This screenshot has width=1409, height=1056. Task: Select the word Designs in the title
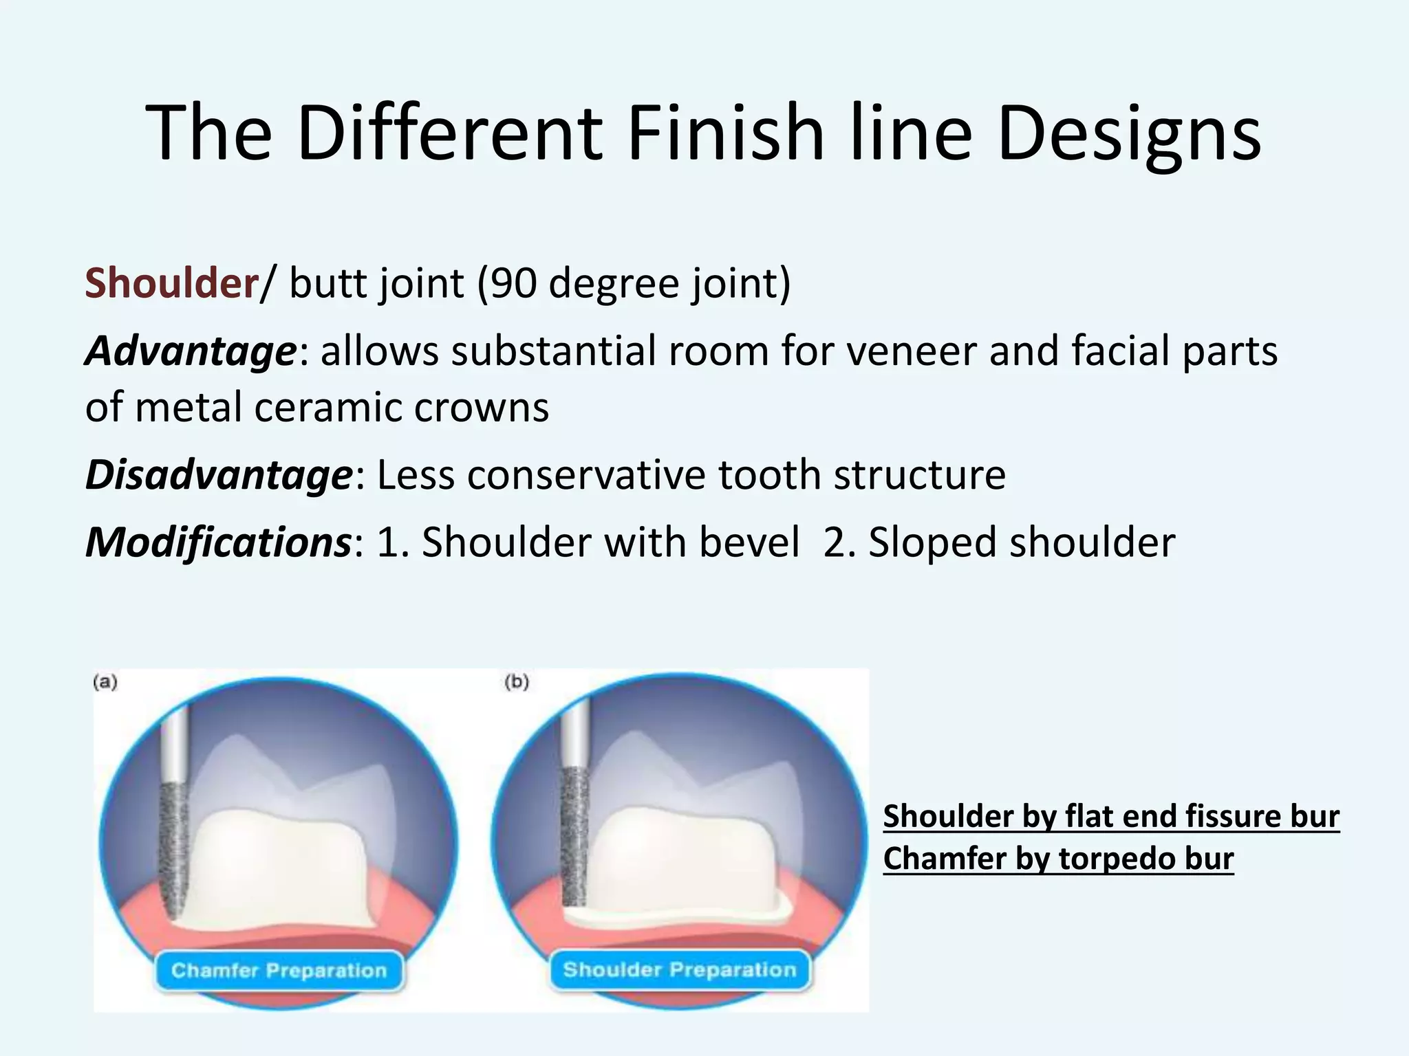point(1128,134)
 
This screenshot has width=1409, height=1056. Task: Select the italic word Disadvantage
point(218,475)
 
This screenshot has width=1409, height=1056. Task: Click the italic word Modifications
point(218,542)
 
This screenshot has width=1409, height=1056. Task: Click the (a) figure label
point(105,682)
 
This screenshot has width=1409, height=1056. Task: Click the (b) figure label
point(517,682)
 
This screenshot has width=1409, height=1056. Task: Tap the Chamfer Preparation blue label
point(279,971)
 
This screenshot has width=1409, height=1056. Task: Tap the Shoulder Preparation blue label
point(680,970)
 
